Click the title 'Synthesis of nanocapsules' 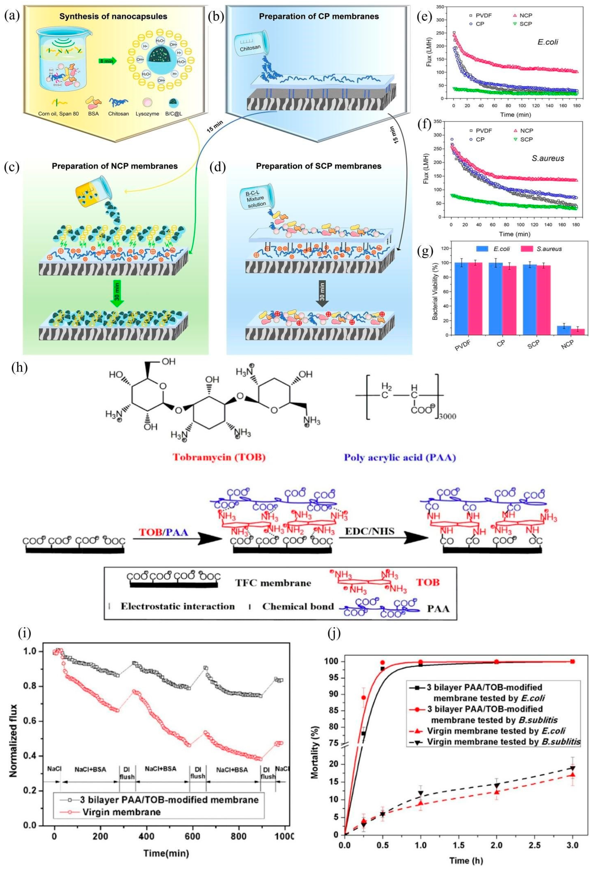pyautogui.click(x=116, y=16)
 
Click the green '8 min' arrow pyautogui.click(x=108, y=59)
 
